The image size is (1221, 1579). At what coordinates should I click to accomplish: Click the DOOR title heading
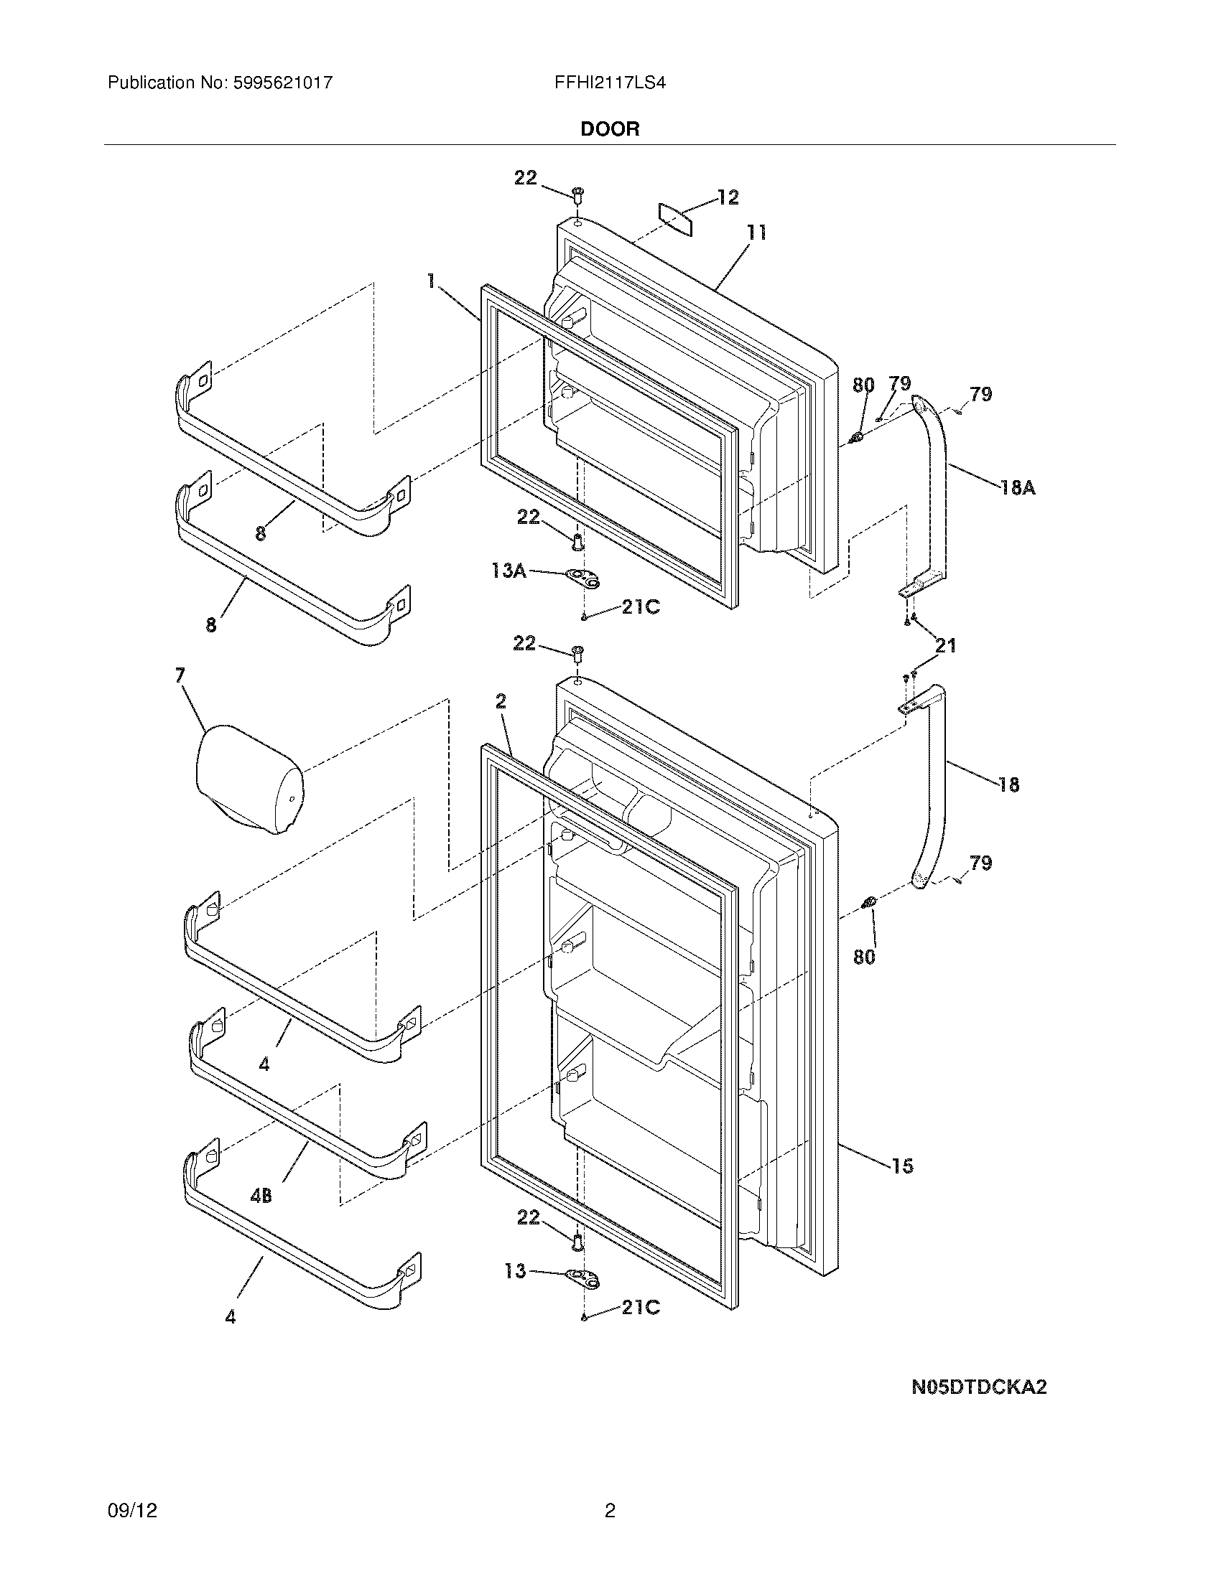point(610,129)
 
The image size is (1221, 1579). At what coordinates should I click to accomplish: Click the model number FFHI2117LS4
point(610,83)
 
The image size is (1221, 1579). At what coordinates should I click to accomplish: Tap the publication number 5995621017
point(283,83)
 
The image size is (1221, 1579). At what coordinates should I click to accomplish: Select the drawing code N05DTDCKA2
point(979,1387)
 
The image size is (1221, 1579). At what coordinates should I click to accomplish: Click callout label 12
point(728,197)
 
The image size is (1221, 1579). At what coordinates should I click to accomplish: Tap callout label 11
point(756,233)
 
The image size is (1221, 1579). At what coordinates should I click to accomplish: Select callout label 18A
point(1018,489)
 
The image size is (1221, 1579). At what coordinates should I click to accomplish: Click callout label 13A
point(509,571)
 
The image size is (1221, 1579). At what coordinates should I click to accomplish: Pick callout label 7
point(180,675)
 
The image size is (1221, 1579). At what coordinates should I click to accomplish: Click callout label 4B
point(261,1196)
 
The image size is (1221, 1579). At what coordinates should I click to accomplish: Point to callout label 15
point(902,1166)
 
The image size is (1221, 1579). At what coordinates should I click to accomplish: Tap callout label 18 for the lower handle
point(1008,784)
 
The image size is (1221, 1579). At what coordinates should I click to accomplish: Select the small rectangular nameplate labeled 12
point(675,218)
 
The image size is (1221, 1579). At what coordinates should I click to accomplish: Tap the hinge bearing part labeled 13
point(585,1278)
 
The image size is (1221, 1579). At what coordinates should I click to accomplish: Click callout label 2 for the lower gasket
point(501,701)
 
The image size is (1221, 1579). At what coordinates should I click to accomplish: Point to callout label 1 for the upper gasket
point(432,281)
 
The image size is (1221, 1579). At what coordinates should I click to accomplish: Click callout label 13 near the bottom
point(515,1271)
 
